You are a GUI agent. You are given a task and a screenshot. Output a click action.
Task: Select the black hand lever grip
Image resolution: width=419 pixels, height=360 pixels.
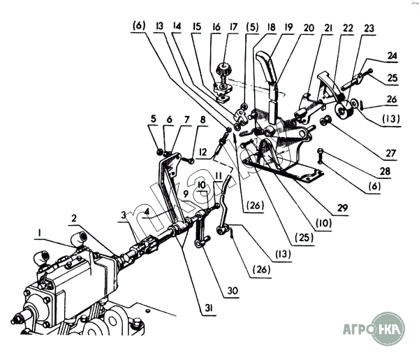pos(266,66)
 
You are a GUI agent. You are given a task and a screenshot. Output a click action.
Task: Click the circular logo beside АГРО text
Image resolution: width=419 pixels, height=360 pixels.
pos(388,329)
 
